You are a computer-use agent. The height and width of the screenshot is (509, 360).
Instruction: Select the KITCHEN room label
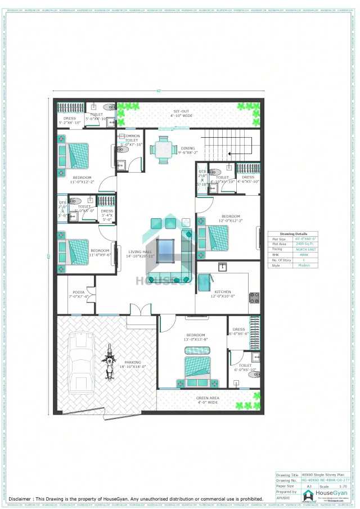[223, 292]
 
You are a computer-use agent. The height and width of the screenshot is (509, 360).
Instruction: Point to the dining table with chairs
[164, 150]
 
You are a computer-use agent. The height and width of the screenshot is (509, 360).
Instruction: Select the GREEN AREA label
[208, 398]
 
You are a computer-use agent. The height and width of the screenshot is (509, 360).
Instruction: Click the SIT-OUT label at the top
[181, 111]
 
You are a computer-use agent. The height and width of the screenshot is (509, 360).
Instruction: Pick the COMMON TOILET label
[131, 138]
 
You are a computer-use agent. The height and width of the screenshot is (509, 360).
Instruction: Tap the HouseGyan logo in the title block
[308, 494]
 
